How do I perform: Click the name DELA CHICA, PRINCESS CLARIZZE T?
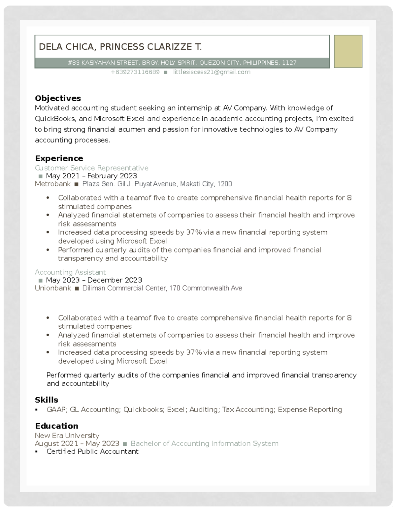(120, 47)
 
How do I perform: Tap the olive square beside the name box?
(348, 51)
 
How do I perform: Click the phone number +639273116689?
(135, 72)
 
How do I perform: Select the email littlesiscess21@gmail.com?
(212, 72)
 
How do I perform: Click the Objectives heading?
(58, 98)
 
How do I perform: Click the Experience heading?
(59, 158)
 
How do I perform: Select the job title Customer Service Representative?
(91, 168)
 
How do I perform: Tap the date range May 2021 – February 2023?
(91, 176)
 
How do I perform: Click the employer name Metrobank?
(53, 184)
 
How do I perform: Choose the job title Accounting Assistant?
(70, 272)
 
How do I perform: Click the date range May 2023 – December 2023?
(94, 280)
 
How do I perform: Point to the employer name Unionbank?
(53, 288)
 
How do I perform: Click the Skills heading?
(47, 400)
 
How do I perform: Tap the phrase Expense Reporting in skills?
(310, 409)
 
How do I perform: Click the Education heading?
(56, 426)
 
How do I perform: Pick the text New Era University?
(67, 436)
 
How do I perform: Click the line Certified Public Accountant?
(92, 451)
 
